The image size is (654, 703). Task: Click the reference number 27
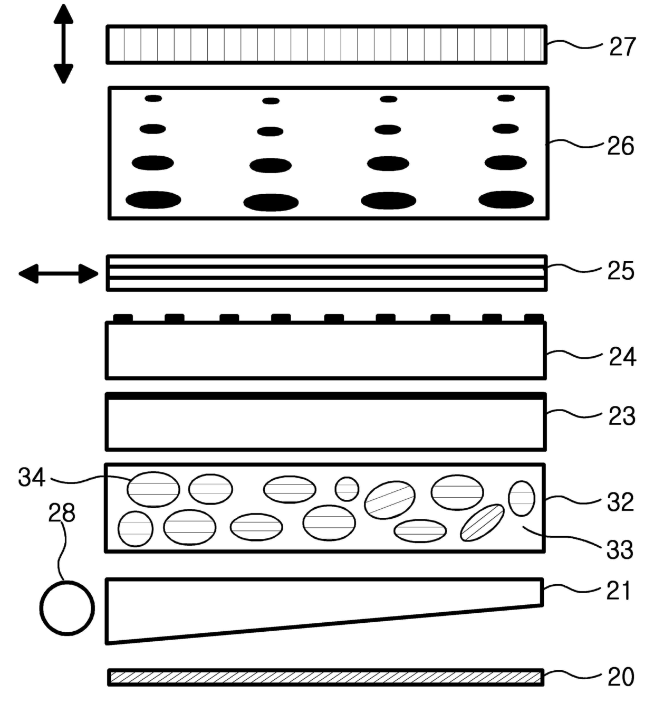[622, 46]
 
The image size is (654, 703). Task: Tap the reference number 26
[620, 146]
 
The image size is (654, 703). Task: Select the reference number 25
[620, 271]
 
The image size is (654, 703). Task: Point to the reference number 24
[622, 357]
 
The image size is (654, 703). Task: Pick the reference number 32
[620, 502]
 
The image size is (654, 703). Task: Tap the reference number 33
[620, 550]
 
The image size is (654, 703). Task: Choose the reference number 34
[32, 478]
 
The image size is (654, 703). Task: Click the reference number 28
[62, 512]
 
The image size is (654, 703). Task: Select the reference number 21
[619, 591]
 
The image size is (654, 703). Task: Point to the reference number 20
[620, 677]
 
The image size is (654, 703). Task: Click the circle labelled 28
[67, 607]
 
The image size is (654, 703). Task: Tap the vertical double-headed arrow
[63, 44]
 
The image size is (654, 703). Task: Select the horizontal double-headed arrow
[58, 274]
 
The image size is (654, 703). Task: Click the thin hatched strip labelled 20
[325, 677]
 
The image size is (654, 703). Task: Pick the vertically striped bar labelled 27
[326, 44]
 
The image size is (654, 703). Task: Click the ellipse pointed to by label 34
[153, 489]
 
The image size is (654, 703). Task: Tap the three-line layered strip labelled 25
[326, 273]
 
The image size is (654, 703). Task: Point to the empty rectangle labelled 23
[325, 423]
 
